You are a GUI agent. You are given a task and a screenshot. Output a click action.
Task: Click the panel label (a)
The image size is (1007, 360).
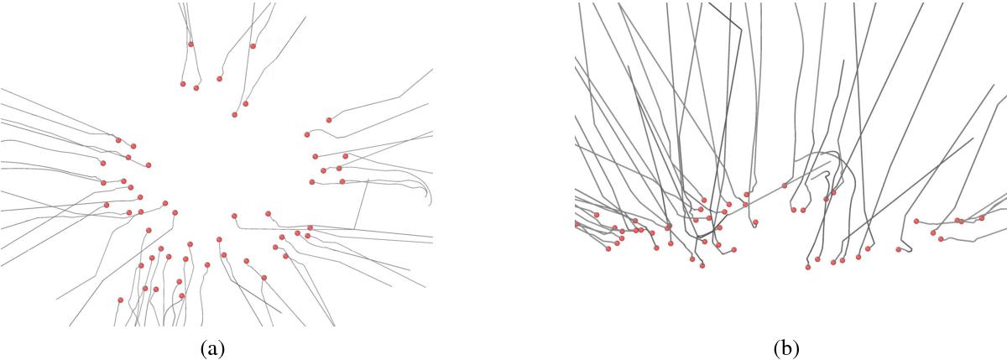pyautogui.click(x=212, y=349)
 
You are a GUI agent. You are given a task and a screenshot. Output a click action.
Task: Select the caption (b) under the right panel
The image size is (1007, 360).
pyautogui.click(x=787, y=349)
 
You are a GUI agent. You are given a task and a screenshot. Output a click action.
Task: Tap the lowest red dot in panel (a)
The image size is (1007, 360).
pyautogui.click(x=120, y=300)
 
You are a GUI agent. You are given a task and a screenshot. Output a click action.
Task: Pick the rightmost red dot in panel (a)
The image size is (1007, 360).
pyautogui.click(x=345, y=156)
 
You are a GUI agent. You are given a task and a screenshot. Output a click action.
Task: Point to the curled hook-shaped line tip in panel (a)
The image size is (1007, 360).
pyautogui.click(x=430, y=200)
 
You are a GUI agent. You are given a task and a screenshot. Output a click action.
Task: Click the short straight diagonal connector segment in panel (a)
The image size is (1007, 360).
pyautogui.click(x=362, y=204)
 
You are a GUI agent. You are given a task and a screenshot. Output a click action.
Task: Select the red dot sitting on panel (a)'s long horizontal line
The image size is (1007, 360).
pyautogui.click(x=310, y=228)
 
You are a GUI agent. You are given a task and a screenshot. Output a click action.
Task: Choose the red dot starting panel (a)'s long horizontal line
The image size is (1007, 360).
pyautogui.click(x=234, y=217)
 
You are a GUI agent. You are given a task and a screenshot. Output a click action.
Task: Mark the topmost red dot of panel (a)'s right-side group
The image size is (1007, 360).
pyautogui.click(x=329, y=120)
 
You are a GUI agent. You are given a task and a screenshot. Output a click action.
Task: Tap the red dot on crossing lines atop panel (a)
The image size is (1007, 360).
pyautogui.click(x=190, y=44)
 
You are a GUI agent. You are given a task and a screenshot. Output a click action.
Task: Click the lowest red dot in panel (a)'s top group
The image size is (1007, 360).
pyautogui.click(x=234, y=115)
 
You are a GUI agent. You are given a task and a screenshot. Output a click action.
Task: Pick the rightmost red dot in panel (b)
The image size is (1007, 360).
pyautogui.click(x=981, y=218)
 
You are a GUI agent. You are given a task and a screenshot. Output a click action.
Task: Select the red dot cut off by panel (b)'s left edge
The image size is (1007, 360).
pyautogui.click(x=577, y=223)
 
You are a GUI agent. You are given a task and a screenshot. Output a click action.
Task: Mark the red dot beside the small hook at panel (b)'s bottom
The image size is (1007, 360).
pyautogui.click(x=899, y=249)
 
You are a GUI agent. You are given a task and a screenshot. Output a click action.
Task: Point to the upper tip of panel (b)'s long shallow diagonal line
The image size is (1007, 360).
pyautogui.click(x=973, y=138)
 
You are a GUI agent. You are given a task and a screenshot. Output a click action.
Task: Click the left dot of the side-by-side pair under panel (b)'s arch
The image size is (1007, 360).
pyautogui.click(x=794, y=210)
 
